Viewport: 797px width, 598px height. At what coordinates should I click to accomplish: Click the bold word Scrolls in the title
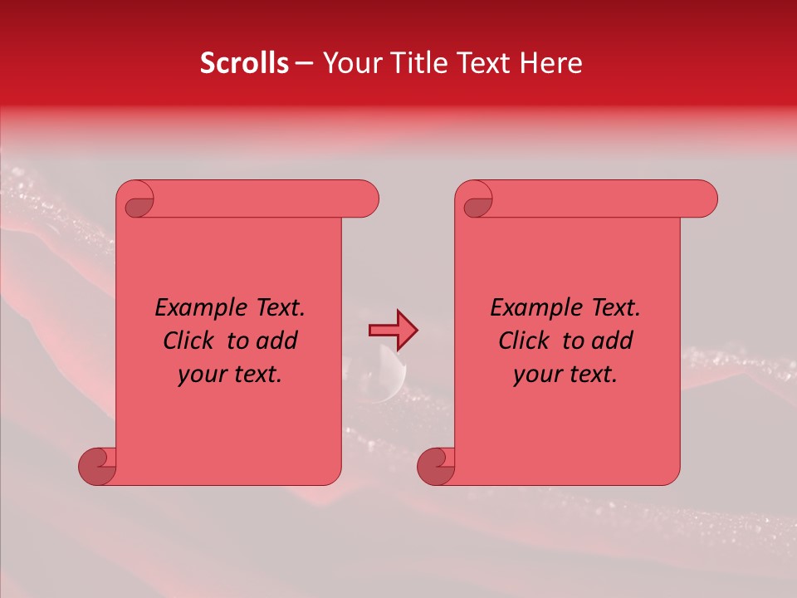(x=244, y=63)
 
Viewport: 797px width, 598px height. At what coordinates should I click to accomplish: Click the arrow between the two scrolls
(x=393, y=331)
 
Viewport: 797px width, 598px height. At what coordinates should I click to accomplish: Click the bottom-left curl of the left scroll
(x=98, y=466)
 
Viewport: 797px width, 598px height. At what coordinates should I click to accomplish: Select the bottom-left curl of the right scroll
(x=437, y=466)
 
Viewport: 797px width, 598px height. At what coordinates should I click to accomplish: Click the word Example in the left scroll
(x=197, y=308)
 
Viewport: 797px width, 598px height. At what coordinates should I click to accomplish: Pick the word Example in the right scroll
(x=532, y=308)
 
